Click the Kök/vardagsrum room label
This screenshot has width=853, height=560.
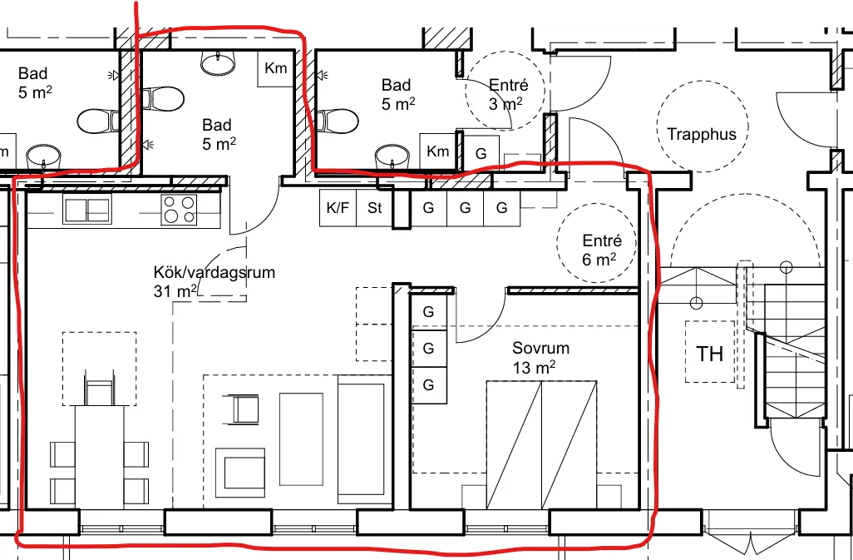(214, 282)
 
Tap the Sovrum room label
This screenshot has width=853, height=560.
(534, 358)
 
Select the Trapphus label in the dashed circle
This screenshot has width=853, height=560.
(702, 135)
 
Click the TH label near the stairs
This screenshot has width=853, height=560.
(710, 354)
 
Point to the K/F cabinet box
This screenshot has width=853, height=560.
(338, 208)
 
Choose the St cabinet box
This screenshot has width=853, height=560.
(374, 208)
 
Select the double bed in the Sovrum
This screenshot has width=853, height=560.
(541, 444)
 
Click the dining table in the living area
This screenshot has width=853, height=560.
(100, 457)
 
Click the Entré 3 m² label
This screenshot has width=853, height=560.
(506, 94)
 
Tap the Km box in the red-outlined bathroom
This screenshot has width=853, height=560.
(276, 68)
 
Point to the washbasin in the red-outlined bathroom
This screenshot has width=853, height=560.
(218, 62)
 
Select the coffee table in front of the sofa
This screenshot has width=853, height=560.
(301, 439)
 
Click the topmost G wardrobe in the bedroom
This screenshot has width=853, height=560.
(429, 312)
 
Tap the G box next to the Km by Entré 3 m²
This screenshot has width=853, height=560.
(481, 153)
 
